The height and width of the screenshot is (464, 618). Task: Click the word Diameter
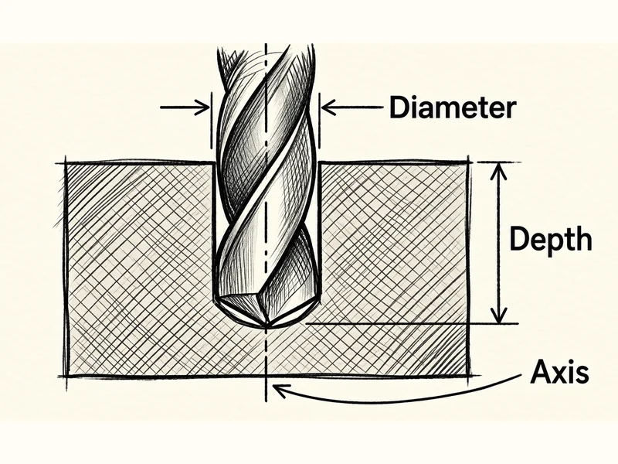pyautogui.click(x=453, y=107)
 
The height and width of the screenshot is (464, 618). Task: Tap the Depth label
pyautogui.click(x=551, y=241)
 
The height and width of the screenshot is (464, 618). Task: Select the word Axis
pyautogui.click(x=559, y=372)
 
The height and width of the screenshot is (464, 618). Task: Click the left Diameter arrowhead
pyautogui.click(x=202, y=107)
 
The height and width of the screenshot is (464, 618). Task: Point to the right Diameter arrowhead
pyautogui.click(x=330, y=107)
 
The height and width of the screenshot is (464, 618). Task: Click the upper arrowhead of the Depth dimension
pyautogui.click(x=499, y=171)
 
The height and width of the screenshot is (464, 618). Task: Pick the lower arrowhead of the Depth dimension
pyautogui.click(x=499, y=316)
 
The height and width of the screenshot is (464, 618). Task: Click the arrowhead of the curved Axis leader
pyautogui.click(x=280, y=391)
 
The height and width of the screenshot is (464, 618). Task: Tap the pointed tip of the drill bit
pyautogui.click(x=267, y=326)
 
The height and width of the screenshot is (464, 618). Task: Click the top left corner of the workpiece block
pyautogui.click(x=66, y=163)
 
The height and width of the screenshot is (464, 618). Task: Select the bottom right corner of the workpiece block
pyautogui.click(x=469, y=376)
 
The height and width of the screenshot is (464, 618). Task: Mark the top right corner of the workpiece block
pyautogui.click(x=469, y=162)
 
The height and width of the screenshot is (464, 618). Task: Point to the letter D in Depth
pyautogui.click(x=519, y=238)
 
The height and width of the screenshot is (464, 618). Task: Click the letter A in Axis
pyautogui.click(x=541, y=372)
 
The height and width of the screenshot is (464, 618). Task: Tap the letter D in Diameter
pyautogui.click(x=399, y=107)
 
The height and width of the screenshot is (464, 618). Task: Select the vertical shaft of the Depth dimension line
pyautogui.click(x=499, y=243)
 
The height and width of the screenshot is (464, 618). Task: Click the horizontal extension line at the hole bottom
pyautogui.click(x=412, y=324)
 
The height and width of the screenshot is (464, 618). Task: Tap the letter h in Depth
pyautogui.click(x=584, y=238)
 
